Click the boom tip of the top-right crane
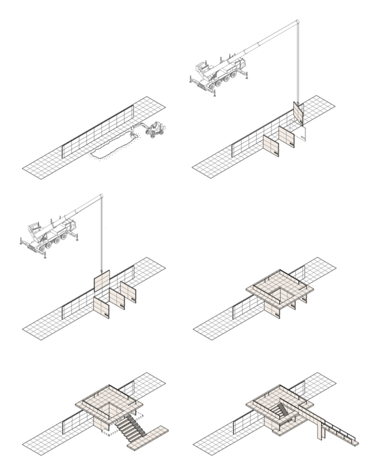click(x=297, y=22)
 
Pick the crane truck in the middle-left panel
click(x=49, y=236)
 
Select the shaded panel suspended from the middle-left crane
click(x=101, y=281)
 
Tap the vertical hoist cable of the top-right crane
click(x=298, y=62)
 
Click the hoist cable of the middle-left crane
click(x=101, y=234)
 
